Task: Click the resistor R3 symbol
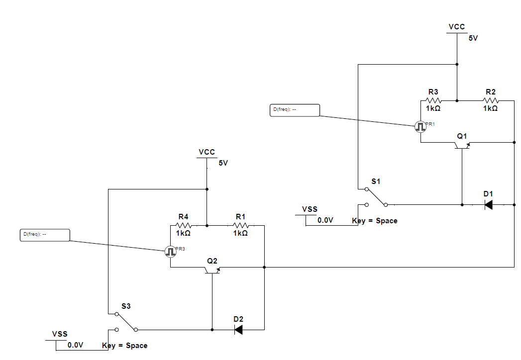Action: (433, 100)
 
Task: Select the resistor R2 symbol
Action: (490, 100)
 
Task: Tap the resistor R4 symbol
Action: (183, 225)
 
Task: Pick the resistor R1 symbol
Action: (240, 225)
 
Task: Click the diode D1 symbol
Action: (489, 204)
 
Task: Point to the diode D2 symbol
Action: (239, 329)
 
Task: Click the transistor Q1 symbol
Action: (462, 144)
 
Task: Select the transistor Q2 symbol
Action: (212, 269)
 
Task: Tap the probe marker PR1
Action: (420, 127)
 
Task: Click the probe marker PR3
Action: (171, 252)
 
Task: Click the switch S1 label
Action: (376, 181)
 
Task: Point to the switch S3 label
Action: (126, 306)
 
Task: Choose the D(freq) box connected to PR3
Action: (45, 235)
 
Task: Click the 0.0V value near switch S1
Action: (325, 220)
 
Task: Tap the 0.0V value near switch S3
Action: (76, 345)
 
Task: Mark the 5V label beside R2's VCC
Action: (473, 38)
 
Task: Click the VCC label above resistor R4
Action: (207, 152)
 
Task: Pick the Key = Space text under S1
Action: (375, 221)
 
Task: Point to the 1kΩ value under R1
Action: (240, 233)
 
